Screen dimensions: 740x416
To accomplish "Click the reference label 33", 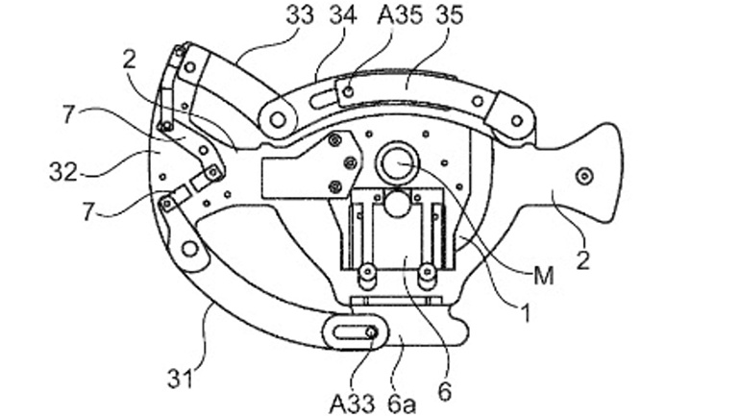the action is pyautogui.click(x=299, y=14).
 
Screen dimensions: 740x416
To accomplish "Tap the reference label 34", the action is pyautogui.click(x=343, y=14).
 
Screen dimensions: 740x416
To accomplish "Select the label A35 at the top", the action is pyautogui.click(x=400, y=14).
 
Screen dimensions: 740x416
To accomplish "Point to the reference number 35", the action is pyautogui.click(x=450, y=14).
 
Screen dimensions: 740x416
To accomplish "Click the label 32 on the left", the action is pyautogui.click(x=63, y=172).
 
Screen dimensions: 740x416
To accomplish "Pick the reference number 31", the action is pyautogui.click(x=181, y=378).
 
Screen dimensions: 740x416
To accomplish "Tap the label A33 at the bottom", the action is pyautogui.click(x=353, y=404).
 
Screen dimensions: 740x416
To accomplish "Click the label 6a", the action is pyautogui.click(x=402, y=404).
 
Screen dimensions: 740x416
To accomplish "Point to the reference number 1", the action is pyautogui.click(x=526, y=312).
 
